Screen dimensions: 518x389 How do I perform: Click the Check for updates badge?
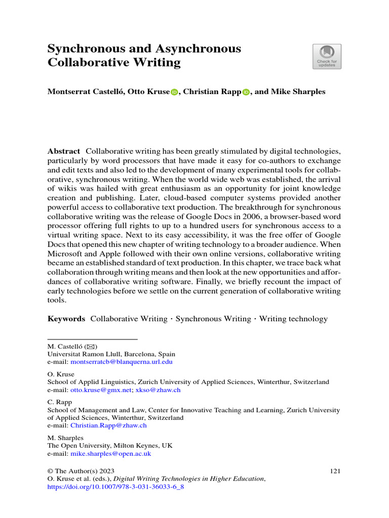coord(327,56)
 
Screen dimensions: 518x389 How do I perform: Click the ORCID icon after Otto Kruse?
coord(175,92)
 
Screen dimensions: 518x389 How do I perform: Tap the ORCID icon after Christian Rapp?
coord(246,92)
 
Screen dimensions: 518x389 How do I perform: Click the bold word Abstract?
coord(63,151)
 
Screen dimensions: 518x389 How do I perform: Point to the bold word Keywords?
coord(66,319)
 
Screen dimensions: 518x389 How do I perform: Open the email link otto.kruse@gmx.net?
coord(101,390)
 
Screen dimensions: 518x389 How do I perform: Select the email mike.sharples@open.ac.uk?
coord(110,454)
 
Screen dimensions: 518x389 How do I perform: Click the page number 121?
coord(334,471)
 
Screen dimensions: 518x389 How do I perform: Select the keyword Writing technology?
coord(293,319)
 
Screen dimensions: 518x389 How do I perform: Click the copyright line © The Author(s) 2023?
coord(77,471)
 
